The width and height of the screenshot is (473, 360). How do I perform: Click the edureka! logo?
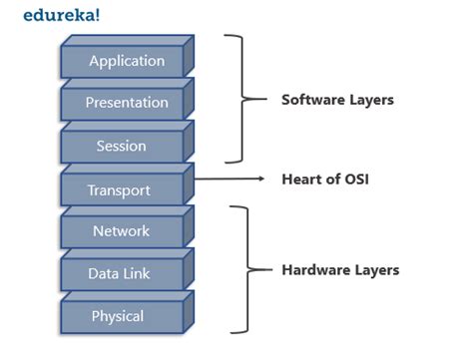[57, 15]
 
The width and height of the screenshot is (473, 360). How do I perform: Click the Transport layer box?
[120, 190]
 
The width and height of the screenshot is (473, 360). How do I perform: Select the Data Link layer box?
[120, 274]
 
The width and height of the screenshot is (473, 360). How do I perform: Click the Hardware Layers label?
[340, 270]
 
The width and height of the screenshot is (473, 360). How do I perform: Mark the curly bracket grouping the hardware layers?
[239, 269]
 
